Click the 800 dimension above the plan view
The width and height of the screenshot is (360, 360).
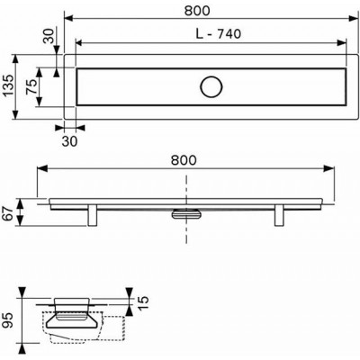click(197, 11)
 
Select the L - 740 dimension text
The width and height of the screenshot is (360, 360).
click(219, 34)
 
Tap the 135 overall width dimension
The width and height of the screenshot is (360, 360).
click(8, 85)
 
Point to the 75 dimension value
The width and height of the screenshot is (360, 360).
click(31, 86)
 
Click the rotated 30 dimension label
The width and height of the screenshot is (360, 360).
click(49, 36)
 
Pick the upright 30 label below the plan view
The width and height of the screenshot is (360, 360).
click(69, 141)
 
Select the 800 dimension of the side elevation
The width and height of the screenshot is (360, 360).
click(184, 160)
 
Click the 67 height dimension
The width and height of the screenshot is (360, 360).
click(8, 213)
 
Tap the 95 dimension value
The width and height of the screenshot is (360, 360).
click(8, 320)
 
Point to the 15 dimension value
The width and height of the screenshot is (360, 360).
click(143, 303)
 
